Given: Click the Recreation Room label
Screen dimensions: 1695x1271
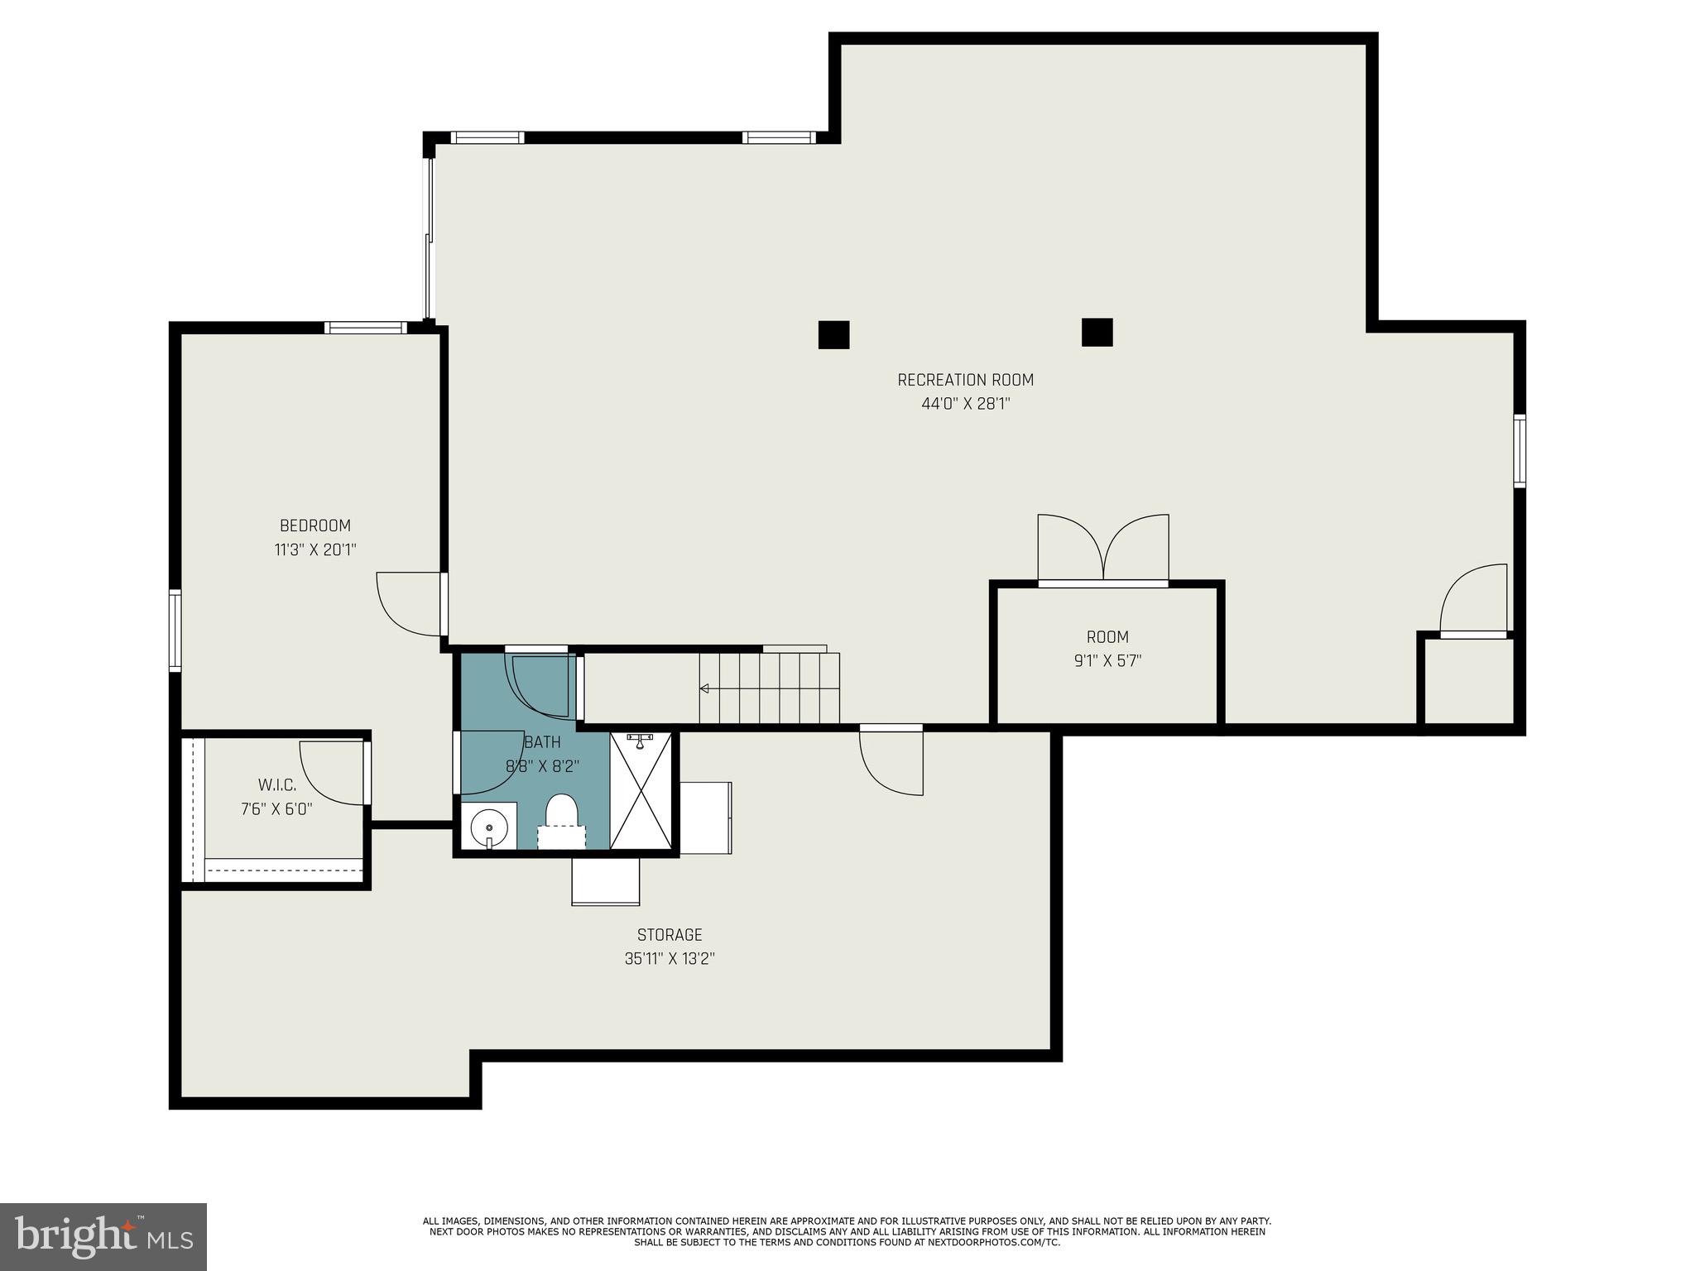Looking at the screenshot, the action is click(x=966, y=380).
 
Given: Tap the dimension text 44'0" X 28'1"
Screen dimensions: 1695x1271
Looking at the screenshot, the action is click(x=966, y=404).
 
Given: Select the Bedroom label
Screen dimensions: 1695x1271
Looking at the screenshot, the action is click(x=315, y=525).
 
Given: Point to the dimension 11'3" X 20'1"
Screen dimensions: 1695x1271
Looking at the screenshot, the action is click(x=315, y=549).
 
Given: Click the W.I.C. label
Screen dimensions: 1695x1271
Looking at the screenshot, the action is click(x=276, y=784).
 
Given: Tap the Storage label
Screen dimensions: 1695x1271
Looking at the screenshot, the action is click(x=670, y=935).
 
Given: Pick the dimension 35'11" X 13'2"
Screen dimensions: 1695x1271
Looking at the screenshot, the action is click(x=670, y=959).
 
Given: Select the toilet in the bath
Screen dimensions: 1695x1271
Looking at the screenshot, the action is click(x=561, y=820).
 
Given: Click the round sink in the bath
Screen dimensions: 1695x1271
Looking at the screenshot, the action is click(x=489, y=826).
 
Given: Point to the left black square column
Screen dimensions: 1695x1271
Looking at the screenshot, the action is click(x=834, y=334).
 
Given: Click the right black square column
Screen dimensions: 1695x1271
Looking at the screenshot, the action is click(x=1097, y=332).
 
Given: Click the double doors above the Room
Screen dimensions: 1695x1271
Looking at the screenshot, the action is click(x=1103, y=549).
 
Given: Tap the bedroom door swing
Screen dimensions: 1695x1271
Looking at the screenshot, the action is click(x=411, y=604).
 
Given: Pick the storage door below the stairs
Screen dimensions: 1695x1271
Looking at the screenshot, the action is click(x=891, y=760).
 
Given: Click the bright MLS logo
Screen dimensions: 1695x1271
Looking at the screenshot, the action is click(x=103, y=1237).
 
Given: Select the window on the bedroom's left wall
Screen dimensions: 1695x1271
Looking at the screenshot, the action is click(x=175, y=630).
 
